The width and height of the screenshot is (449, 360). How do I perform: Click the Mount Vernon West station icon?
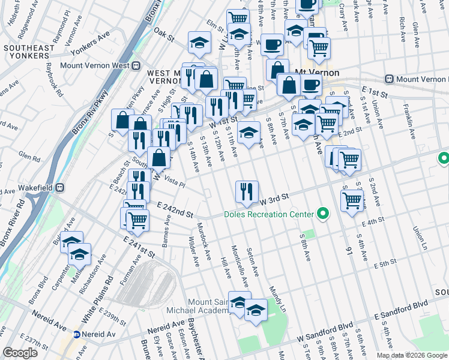(x=136, y=65)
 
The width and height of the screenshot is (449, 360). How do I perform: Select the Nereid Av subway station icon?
(x=77, y=334)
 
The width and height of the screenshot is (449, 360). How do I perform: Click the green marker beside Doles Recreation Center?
(x=323, y=214)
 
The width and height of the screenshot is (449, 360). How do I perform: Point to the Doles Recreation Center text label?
(x=268, y=214)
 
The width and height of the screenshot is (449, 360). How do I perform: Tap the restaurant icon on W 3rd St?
(x=247, y=192)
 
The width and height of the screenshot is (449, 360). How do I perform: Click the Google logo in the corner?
(x=20, y=353)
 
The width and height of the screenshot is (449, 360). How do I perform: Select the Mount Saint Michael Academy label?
(x=221, y=307)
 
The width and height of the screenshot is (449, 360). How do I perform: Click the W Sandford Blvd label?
(x=320, y=327)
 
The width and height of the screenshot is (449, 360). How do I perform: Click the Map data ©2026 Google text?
(x=411, y=355)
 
